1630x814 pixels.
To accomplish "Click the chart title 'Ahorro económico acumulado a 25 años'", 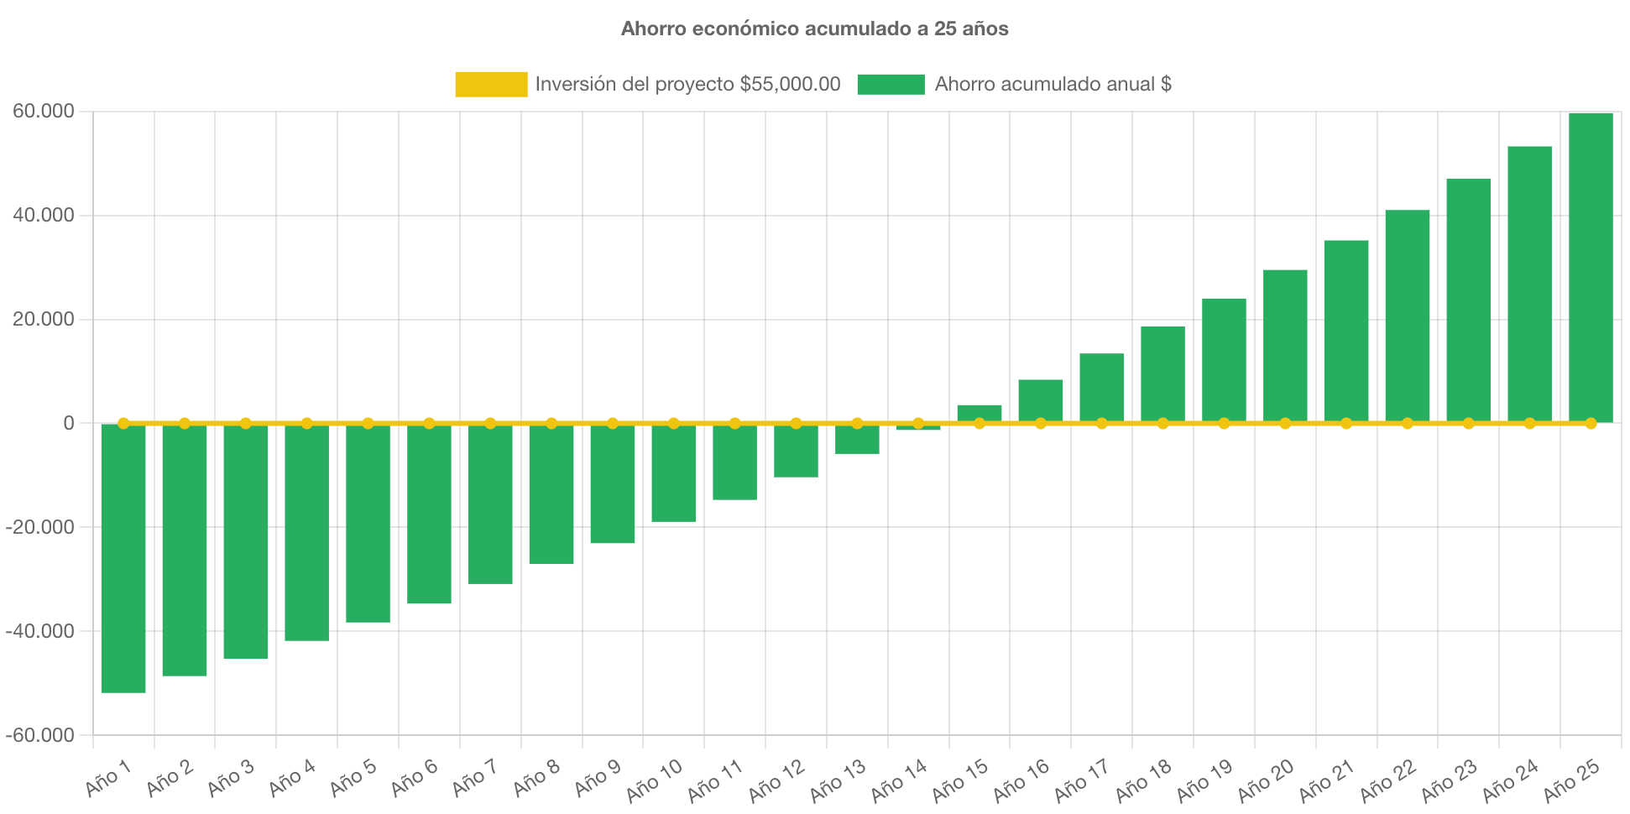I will (x=814, y=29).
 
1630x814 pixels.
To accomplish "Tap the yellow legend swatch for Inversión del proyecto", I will (x=491, y=84).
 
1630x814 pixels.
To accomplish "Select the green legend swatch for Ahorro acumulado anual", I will (x=891, y=84).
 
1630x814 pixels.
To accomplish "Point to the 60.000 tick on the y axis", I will (x=43, y=112).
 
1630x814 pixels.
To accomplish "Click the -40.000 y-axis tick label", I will (x=40, y=631).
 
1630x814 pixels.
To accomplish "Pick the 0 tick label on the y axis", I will (x=69, y=424).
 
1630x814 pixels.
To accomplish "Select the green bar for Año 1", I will (x=123, y=558).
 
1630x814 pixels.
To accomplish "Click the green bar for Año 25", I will (x=1591, y=267).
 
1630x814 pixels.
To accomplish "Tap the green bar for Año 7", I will (x=490, y=504).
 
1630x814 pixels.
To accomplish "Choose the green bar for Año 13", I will (x=857, y=440).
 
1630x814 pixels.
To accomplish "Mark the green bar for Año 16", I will (x=1041, y=400).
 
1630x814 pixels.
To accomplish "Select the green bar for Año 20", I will (x=1285, y=345).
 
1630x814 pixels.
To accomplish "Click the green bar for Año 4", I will (x=306, y=533).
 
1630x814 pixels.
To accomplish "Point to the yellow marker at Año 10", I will (x=673, y=424).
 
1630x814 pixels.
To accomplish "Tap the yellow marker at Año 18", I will (x=1162, y=424).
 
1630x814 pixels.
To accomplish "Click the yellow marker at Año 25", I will (x=1591, y=424).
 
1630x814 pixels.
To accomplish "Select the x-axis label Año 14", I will (x=899, y=780).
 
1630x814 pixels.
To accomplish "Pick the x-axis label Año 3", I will (x=231, y=779).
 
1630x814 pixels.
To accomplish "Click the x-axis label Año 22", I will (x=1388, y=780).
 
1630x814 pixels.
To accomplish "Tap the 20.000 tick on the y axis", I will (x=43, y=320).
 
